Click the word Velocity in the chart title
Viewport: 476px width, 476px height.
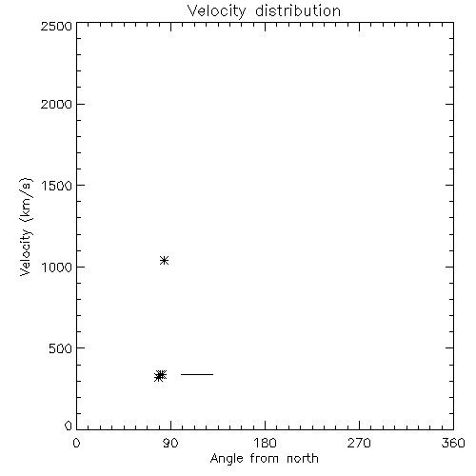pyautogui.click(x=216, y=11)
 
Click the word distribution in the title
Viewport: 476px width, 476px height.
pyautogui.click(x=298, y=10)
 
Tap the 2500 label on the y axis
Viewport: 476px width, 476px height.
pyautogui.click(x=56, y=26)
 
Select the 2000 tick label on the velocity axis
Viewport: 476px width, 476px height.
pyautogui.click(x=56, y=104)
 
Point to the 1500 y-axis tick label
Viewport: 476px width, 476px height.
pyautogui.click(x=57, y=186)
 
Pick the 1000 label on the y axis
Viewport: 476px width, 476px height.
pyautogui.click(x=57, y=267)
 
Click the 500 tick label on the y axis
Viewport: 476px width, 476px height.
pyautogui.click(x=61, y=348)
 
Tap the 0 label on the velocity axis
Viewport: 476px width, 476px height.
pyautogui.click(x=69, y=426)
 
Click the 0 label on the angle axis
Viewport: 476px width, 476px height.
pyautogui.click(x=76, y=443)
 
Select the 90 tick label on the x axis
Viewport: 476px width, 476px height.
pyautogui.click(x=170, y=443)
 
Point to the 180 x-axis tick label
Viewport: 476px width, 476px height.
pyautogui.click(x=265, y=443)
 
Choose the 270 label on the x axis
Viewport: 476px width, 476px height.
pyautogui.click(x=359, y=443)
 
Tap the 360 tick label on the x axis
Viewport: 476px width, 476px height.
pyautogui.click(x=453, y=443)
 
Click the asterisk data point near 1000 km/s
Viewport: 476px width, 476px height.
pyautogui.click(x=164, y=261)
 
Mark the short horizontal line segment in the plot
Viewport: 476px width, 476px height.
pyautogui.click(x=197, y=374)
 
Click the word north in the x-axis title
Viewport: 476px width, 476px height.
pyautogui.click(x=303, y=459)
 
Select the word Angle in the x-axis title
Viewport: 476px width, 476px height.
pyautogui.click(x=228, y=459)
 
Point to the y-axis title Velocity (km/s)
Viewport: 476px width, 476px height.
pyautogui.click(x=26, y=227)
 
